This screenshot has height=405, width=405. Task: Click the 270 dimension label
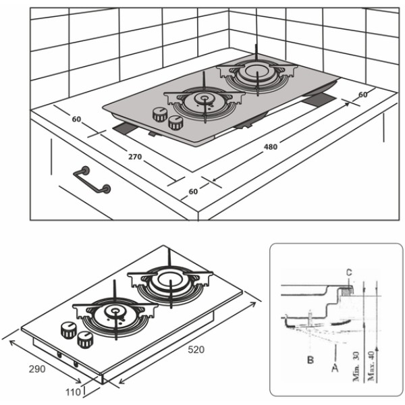pos(135,157)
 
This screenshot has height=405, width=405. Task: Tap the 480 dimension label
pos(271,147)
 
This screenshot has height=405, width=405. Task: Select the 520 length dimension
pos(196,350)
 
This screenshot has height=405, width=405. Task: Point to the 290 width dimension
pos(37,369)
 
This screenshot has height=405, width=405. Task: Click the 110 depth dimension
pos(73,392)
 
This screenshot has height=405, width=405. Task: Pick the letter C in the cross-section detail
pos(349,273)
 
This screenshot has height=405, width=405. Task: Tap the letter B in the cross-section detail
pos(310,360)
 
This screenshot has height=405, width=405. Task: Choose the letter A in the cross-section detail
pos(335,368)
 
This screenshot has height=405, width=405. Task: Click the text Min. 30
pos(356,367)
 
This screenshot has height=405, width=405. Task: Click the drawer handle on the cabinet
pos(92,180)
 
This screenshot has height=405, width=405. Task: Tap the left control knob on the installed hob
pos(160,115)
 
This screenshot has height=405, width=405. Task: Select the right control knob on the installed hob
pos(176,123)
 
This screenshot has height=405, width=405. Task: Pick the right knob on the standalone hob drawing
pos(85,340)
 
